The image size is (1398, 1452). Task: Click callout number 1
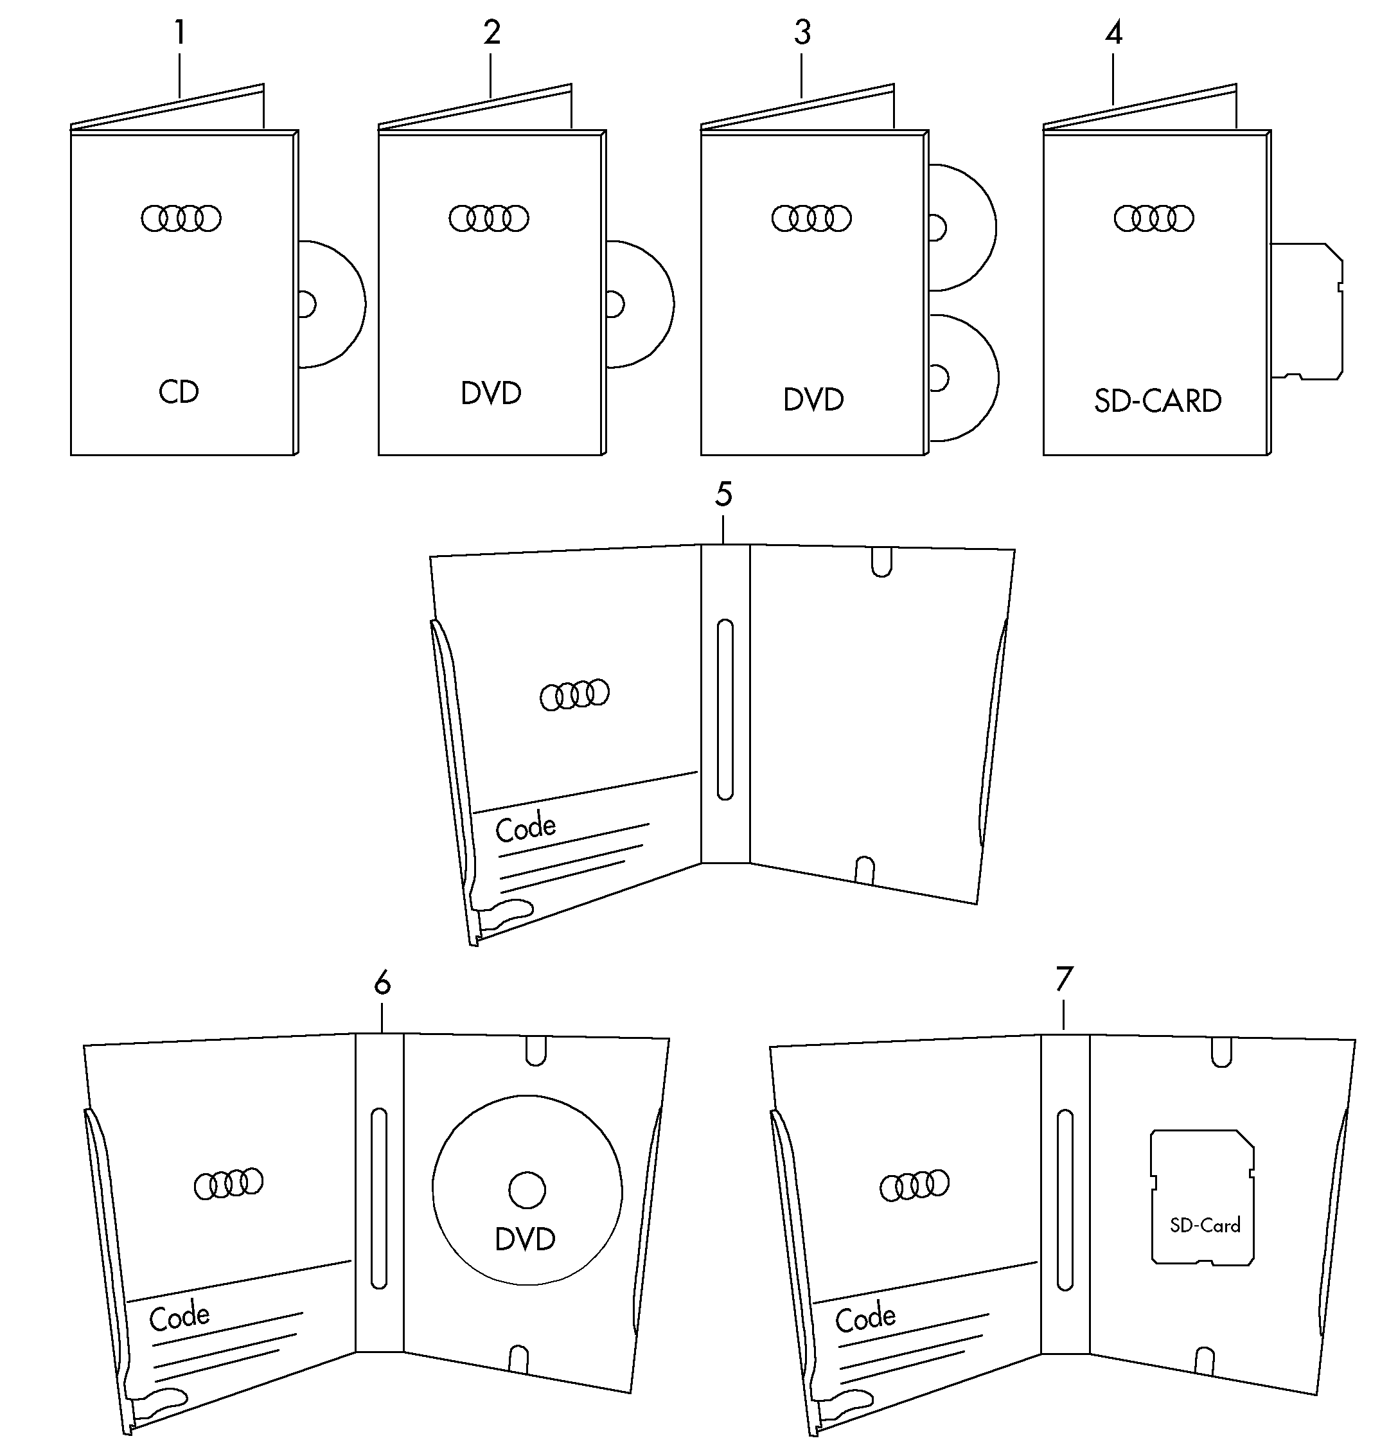point(179,33)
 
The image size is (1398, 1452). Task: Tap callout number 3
point(802,33)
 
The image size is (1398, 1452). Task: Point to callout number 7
point(1064,979)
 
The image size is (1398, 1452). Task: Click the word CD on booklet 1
point(179,392)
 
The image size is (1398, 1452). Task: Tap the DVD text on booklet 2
point(491,393)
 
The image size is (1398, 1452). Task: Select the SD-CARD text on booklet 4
point(1157,401)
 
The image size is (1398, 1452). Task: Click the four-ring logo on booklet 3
point(811,218)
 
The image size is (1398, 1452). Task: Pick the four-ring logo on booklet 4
point(1153,218)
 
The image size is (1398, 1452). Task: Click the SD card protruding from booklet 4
point(1307,311)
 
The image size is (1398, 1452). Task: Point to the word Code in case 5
point(526,828)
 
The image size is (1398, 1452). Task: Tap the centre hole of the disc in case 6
point(527,1190)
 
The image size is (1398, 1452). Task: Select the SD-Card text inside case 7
point(1205,1225)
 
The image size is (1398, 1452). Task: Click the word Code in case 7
point(865,1317)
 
